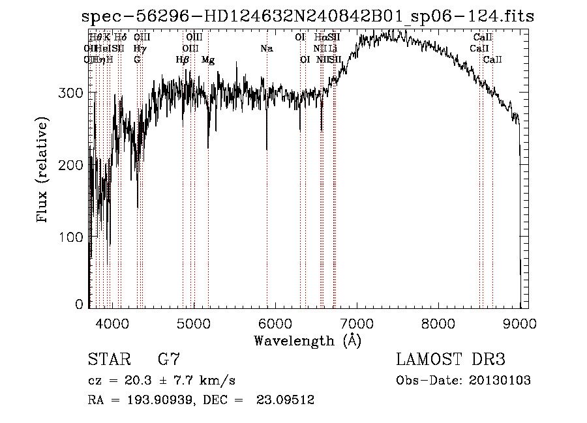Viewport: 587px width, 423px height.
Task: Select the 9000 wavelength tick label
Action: [519, 322]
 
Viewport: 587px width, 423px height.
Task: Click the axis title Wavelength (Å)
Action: [307, 340]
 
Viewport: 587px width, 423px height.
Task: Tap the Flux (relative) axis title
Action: [43, 171]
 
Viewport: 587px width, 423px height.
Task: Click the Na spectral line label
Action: [266, 48]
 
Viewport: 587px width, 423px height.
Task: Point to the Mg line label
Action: [208, 59]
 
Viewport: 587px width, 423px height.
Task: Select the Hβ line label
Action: [183, 59]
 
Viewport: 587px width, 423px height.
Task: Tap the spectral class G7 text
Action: [168, 359]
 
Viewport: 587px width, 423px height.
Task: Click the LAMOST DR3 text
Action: [450, 359]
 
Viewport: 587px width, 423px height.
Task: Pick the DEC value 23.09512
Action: [287, 400]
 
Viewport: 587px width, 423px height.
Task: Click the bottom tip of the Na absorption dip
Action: [267, 150]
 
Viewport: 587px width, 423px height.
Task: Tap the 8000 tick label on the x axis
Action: [438, 322]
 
